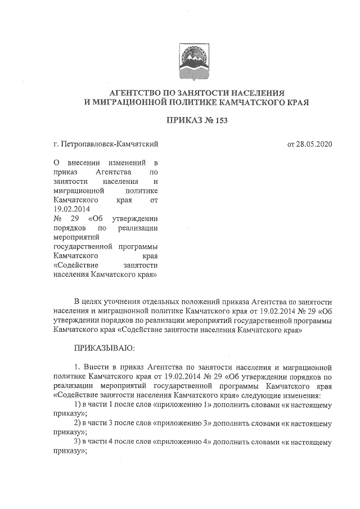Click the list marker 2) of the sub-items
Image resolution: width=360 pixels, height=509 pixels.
78,422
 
